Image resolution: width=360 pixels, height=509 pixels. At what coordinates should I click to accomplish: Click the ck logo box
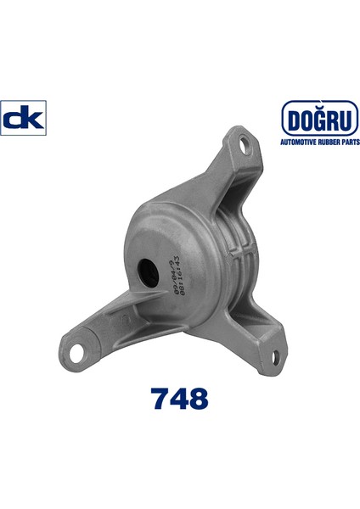[24, 119]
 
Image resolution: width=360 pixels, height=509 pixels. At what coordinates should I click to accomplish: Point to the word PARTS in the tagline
[350, 142]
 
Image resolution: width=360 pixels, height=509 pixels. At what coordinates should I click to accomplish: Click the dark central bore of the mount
[148, 271]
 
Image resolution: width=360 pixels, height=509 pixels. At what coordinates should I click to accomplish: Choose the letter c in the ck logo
[14, 120]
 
